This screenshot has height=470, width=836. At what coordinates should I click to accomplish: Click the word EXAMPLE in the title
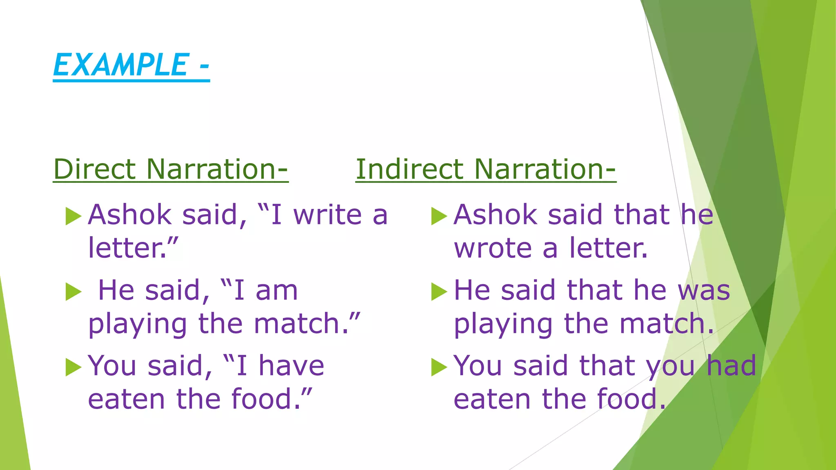click(x=120, y=65)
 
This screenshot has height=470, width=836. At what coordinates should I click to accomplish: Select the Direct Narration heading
click(x=171, y=169)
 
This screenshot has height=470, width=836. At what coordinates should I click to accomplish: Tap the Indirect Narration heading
click(x=485, y=169)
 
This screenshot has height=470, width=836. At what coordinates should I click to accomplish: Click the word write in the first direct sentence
click(x=327, y=215)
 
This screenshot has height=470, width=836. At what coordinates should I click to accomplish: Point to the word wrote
click(x=493, y=248)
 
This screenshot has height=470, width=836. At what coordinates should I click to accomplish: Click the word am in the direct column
click(x=277, y=290)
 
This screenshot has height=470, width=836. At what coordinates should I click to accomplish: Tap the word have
click(x=291, y=366)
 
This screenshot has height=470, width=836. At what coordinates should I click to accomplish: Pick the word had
click(x=731, y=366)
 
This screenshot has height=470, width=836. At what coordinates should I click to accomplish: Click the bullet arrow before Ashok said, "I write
click(x=73, y=216)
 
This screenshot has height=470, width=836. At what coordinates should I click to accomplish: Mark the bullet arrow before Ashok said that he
click(x=439, y=216)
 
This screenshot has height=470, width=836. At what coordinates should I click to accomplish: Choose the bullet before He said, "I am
click(x=73, y=292)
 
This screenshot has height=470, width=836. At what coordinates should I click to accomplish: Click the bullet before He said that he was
click(x=439, y=292)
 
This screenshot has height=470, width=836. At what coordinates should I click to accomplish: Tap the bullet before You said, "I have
click(x=73, y=367)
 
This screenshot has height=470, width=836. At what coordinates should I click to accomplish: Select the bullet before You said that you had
click(x=439, y=367)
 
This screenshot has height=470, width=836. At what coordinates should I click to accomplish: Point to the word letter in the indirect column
click(x=607, y=248)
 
